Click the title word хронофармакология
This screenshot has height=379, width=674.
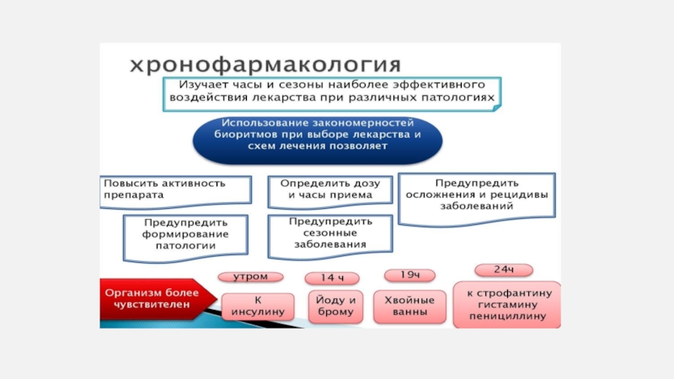pos(264,65)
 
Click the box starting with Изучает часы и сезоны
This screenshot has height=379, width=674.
pos(331,92)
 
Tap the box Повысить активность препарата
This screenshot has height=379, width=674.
pos(176,189)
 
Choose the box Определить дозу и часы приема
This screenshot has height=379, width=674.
pos(330,189)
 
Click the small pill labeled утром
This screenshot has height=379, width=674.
pos(250,275)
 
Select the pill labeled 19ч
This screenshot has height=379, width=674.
pos(409,275)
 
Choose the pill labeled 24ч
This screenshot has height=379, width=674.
pos(504,270)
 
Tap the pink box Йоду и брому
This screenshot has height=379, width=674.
pos(334,305)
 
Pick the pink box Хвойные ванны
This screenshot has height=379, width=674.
pos(409,306)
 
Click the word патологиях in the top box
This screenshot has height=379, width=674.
pos(460,98)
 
